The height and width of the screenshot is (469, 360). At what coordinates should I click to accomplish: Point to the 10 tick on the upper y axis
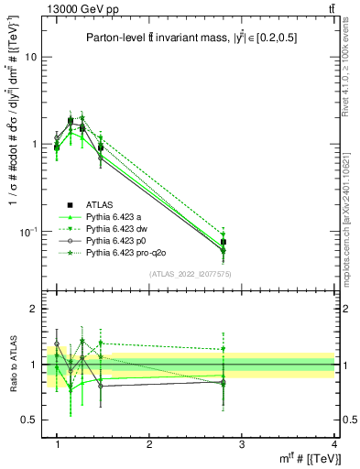click(34, 57)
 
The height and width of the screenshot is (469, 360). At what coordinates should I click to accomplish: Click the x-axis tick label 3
click(242, 444)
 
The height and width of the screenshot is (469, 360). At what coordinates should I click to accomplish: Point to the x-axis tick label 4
click(333, 444)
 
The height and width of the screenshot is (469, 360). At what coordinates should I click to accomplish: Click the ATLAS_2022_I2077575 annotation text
click(189, 274)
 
